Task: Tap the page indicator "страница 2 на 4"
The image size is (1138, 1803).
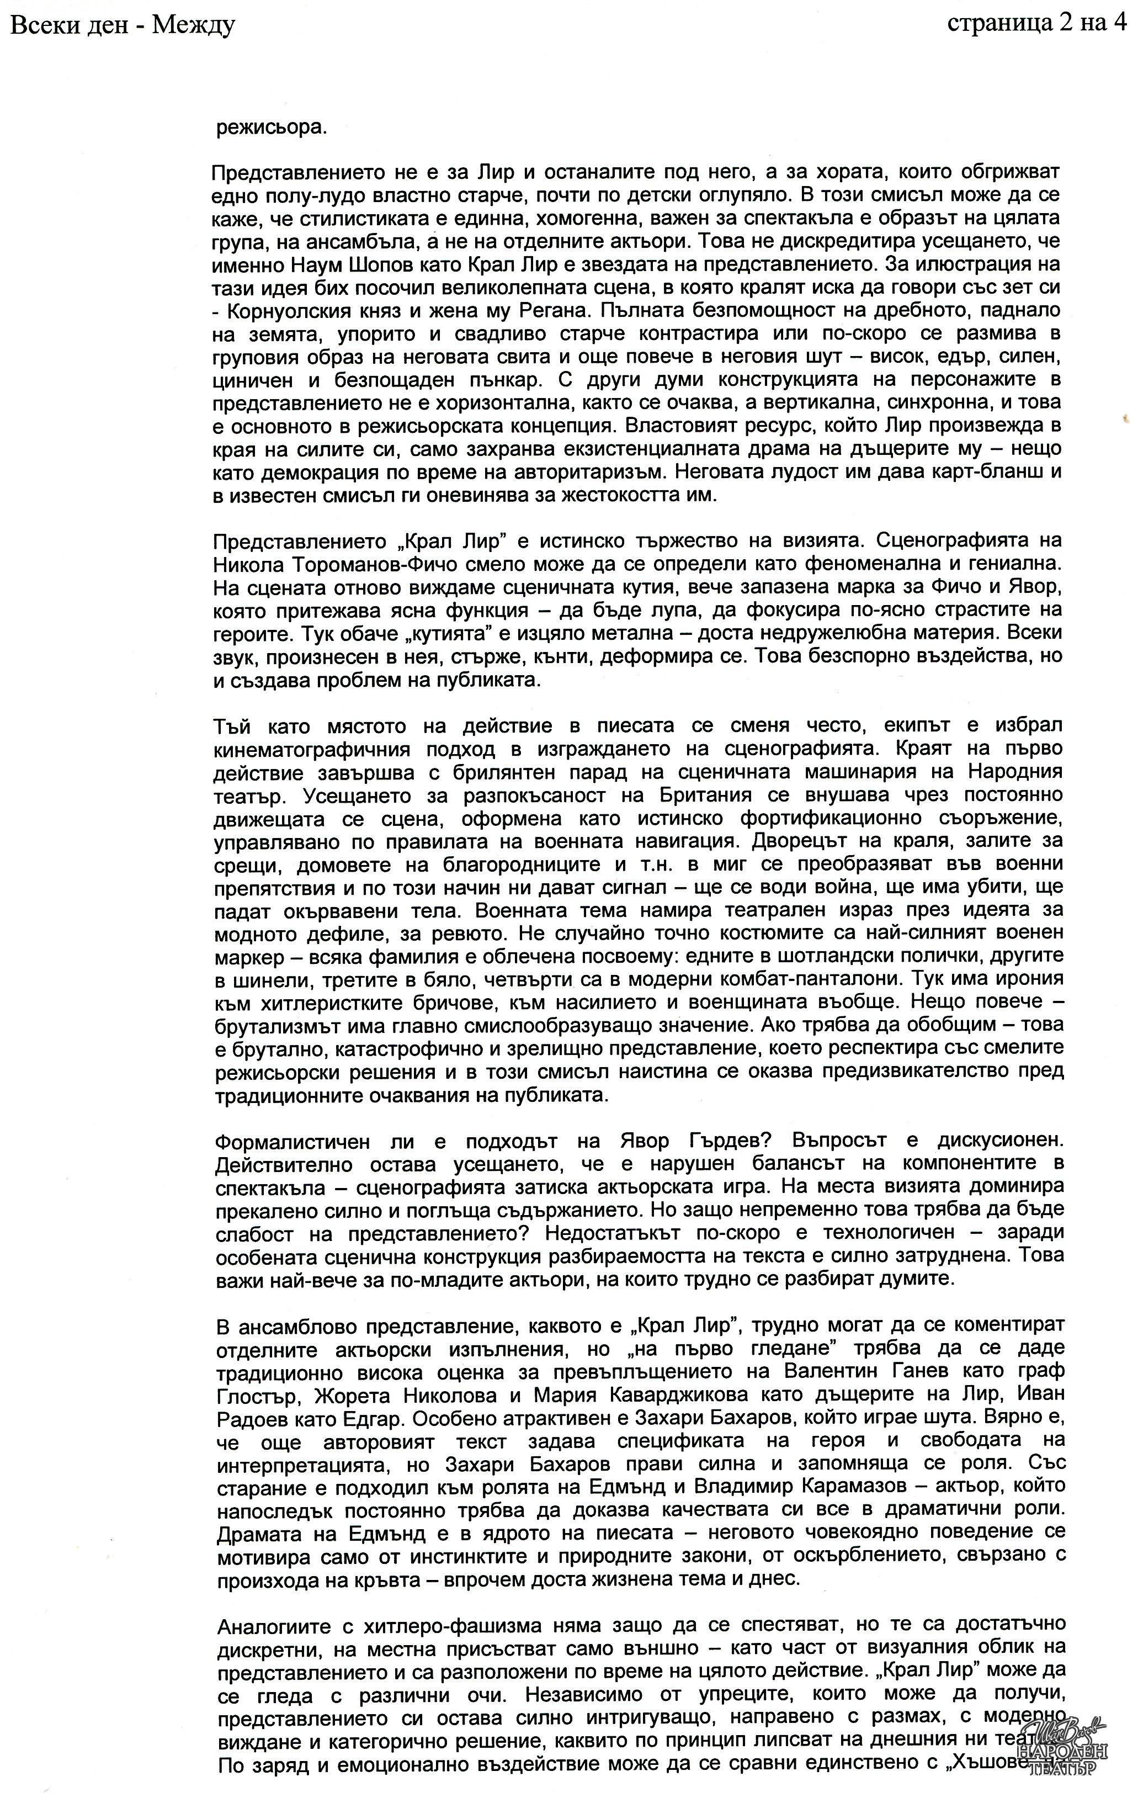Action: coord(1037,24)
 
